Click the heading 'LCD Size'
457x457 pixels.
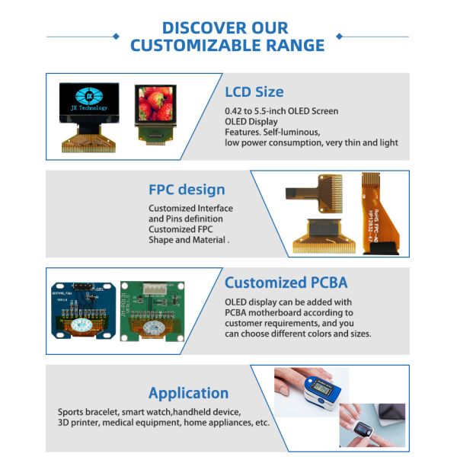(x=254, y=92)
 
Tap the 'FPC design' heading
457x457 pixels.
(x=187, y=190)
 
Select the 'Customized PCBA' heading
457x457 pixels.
(x=286, y=283)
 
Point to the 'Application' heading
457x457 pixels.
(x=188, y=393)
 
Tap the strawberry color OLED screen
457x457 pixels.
(x=155, y=104)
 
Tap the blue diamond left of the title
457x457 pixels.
(x=116, y=36)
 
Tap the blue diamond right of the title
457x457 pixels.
(x=339, y=36)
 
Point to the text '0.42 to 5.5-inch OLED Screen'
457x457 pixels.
(x=281, y=111)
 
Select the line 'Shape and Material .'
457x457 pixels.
(x=188, y=240)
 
